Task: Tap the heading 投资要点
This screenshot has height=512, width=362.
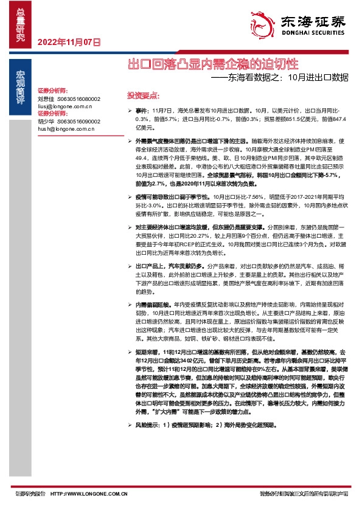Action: point(142,95)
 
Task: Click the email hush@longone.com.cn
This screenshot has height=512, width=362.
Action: point(65,129)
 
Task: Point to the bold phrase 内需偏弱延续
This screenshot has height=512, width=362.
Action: point(154,303)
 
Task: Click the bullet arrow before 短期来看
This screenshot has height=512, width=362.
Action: point(129,353)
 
